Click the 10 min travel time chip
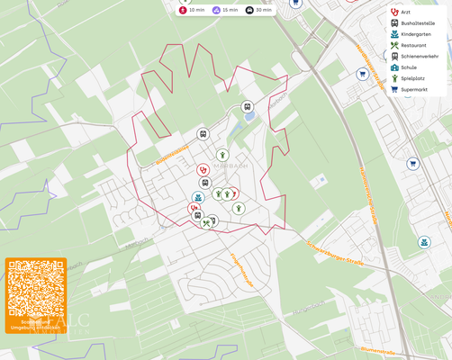[x=191, y=10]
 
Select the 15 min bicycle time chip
[x=224, y=10]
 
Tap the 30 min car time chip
[x=258, y=10]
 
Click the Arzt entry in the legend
[x=406, y=12]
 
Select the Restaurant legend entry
[x=412, y=45]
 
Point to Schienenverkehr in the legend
[x=418, y=56]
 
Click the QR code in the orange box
[x=36, y=289]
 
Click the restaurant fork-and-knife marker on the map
[x=207, y=222]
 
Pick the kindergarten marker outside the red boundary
[x=424, y=243]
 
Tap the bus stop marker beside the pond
[x=248, y=107]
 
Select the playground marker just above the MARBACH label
[x=221, y=155]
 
